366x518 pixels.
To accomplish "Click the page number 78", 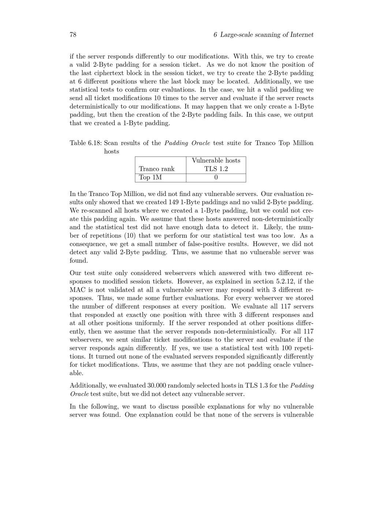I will pyautogui.click(x=73, y=35).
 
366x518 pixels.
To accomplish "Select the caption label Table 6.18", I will pyautogui.click(x=86, y=143).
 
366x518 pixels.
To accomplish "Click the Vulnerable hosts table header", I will pyautogui.click(x=216, y=160).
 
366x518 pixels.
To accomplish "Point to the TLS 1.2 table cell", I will pyautogui.click(x=216, y=169).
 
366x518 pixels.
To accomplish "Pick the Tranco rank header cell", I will pyautogui.click(x=157, y=169).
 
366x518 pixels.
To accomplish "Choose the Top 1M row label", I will pyautogui.click(x=150, y=178).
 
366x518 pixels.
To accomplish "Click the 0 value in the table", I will pyautogui.click(x=216, y=178).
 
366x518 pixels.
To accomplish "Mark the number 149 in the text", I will pyautogui.click(x=174, y=202).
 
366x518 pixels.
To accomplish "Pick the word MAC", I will pyautogui.click(x=78, y=290).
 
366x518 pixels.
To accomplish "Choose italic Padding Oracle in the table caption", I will pyautogui.click(x=187, y=143).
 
